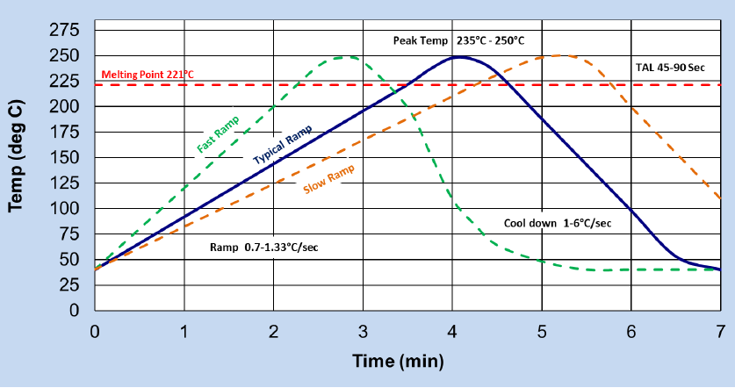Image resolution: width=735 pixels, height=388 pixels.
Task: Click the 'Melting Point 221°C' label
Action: (x=148, y=75)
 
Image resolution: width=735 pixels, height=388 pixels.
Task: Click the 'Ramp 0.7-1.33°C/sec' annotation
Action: (x=263, y=247)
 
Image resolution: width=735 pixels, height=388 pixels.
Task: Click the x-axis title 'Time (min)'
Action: (x=398, y=361)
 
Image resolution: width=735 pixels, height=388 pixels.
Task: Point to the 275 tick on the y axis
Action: (x=68, y=31)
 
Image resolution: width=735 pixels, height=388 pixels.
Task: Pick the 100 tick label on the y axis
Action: (x=68, y=209)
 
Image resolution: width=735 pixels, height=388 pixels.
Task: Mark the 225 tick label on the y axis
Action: (x=68, y=82)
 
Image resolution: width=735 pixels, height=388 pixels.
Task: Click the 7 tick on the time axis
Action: (x=720, y=331)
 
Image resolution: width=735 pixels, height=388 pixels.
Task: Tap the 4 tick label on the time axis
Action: (x=452, y=331)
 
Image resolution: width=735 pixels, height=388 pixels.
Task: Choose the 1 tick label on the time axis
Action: (x=184, y=331)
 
